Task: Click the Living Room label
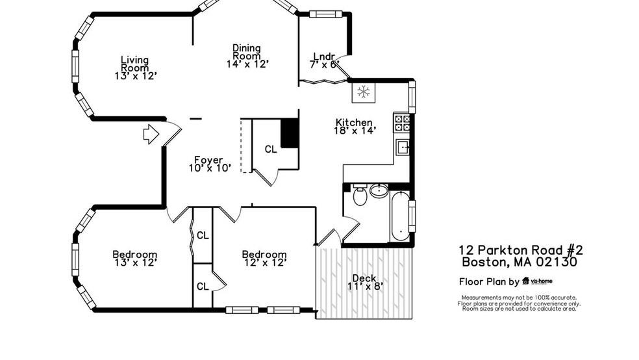click(134, 68)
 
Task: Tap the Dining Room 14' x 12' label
click(247, 56)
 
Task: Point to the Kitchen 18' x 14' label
click(354, 126)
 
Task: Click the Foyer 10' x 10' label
click(208, 164)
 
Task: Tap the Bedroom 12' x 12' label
click(264, 258)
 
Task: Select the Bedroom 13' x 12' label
click(134, 258)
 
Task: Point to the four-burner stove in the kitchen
click(402, 123)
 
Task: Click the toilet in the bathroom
click(360, 196)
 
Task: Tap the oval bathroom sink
click(379, 191)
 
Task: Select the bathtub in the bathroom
click(399, 216)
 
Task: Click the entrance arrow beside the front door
click(151, 135)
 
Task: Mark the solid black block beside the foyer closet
click(289, 133)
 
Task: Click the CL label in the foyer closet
click(271, 149)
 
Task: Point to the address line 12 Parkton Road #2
click(521, 250)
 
